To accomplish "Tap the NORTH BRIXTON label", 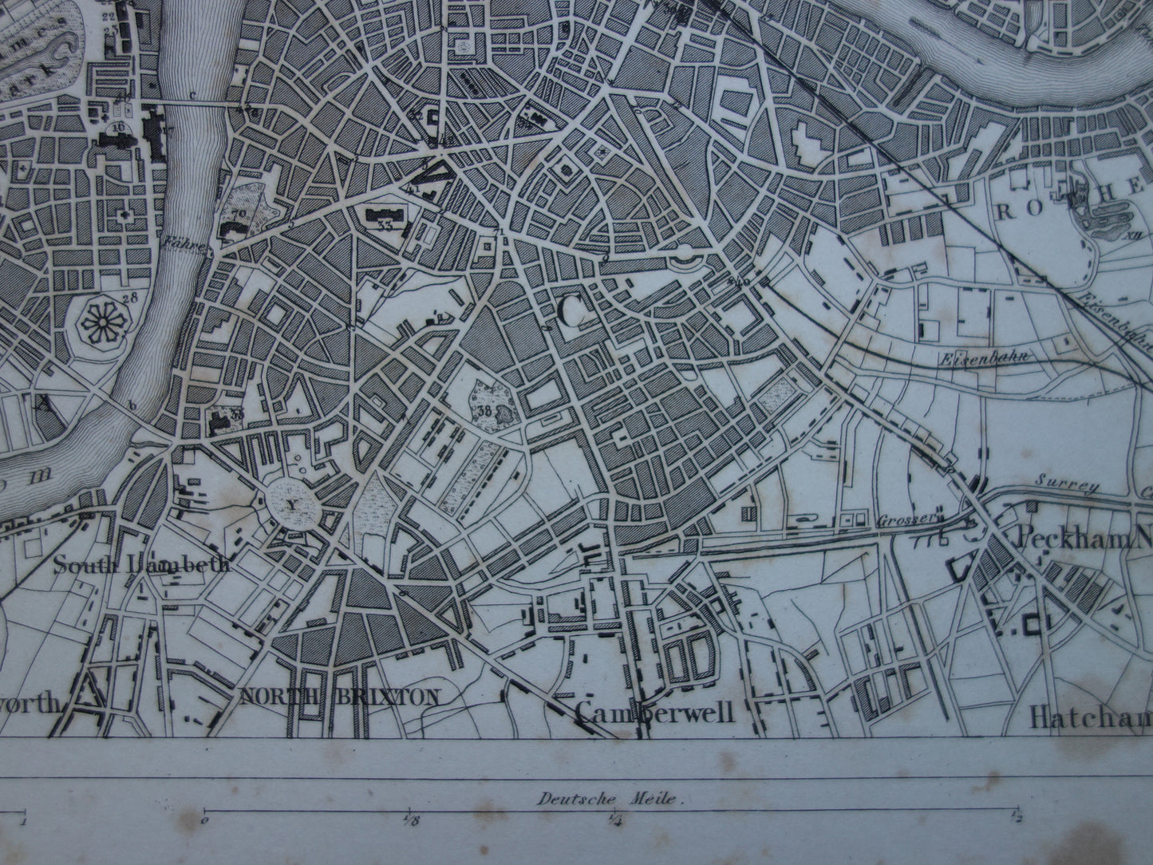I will pos(339,696).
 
